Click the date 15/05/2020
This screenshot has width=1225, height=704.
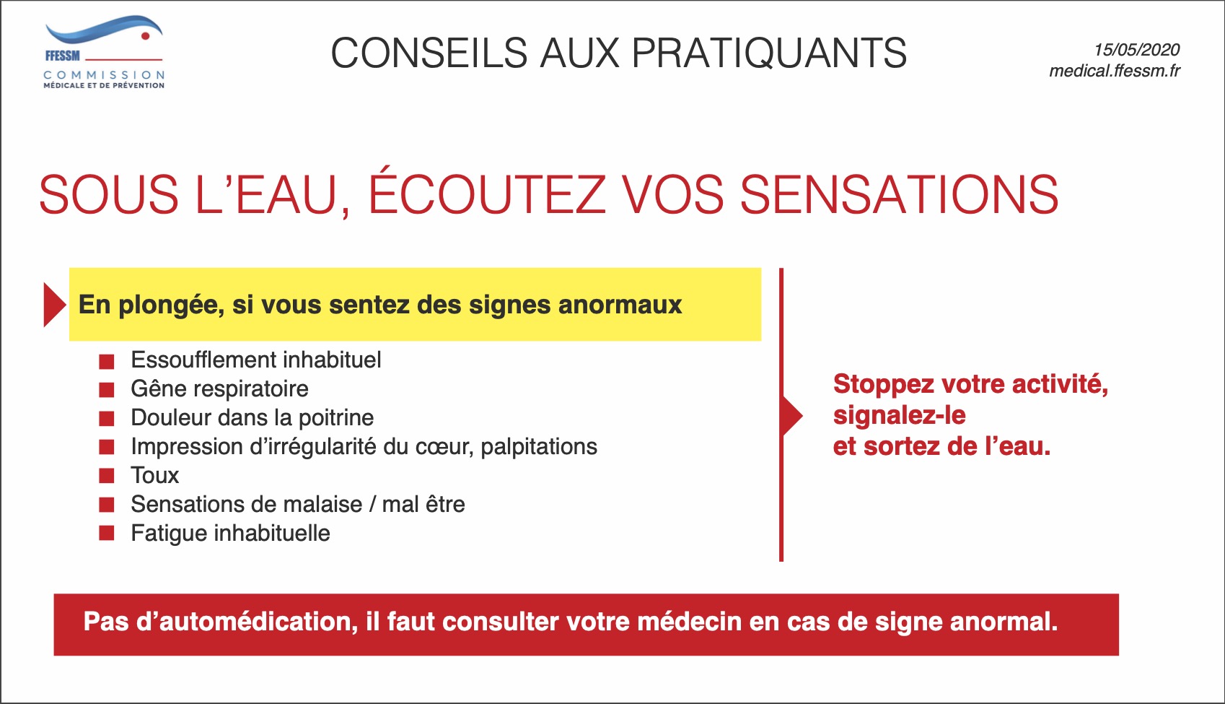(x=1136, y=50)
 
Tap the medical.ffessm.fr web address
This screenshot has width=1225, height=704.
(x=1115, y=71)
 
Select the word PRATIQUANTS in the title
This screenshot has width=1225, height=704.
(x=769, y=53)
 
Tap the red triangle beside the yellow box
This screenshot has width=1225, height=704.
(x=55, y=305)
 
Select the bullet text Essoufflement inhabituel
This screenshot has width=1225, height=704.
(x=256, y=360)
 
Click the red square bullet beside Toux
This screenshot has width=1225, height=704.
(x=107, y=475)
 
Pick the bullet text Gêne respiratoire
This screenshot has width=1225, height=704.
(x=219, y=389)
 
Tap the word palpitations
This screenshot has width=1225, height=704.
(x=539, y=447)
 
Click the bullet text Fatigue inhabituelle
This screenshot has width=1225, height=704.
(x=230, y=534)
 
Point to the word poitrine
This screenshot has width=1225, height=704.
(x=336, y=418)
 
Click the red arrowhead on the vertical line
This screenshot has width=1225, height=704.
(x=792, y=416)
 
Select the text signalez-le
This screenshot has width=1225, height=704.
(x=900, y=416)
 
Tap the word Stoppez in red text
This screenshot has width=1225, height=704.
(x=883, y=385)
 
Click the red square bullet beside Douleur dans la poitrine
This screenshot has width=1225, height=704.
(x=107, y=418)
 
